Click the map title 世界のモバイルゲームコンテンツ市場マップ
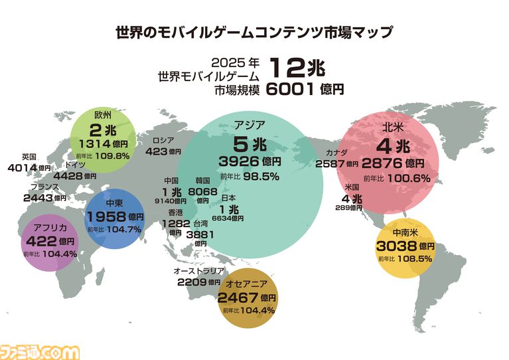pyautogui.click(x=254, y=32)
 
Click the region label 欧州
pyautogui.click(x=104, y=115)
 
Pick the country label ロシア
pyautogui.click(x=163, y=141)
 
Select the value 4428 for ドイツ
pyautogui.click(x=67, y=176)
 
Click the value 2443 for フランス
pyautogui.click(x=37, y=197)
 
